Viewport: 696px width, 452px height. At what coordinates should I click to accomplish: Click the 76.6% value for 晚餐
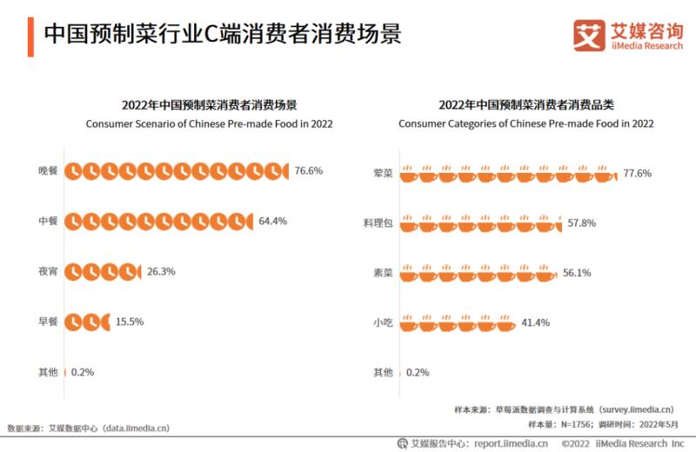309,171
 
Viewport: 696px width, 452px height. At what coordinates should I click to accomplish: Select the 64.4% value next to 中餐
272,221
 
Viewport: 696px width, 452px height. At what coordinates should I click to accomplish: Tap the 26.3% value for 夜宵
161,271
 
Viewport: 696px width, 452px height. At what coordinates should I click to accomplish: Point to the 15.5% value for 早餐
130,322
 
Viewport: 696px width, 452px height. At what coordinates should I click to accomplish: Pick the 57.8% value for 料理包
582,223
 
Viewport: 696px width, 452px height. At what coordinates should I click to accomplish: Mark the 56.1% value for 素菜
577,273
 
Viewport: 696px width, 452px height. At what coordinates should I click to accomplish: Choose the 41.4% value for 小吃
536,322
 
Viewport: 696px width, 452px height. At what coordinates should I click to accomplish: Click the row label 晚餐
48,171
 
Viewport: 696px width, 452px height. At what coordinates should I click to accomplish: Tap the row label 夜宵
48,271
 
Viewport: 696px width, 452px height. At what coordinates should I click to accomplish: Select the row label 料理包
378,223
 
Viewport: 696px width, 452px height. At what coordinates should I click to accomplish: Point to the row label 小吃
383,322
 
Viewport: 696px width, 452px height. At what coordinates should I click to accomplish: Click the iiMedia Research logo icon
589,35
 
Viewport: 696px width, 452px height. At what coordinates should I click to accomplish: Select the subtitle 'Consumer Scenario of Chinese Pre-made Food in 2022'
209,124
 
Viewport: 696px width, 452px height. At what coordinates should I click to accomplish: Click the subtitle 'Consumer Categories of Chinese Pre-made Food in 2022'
525,124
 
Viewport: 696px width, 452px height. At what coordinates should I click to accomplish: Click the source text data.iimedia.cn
136,428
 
